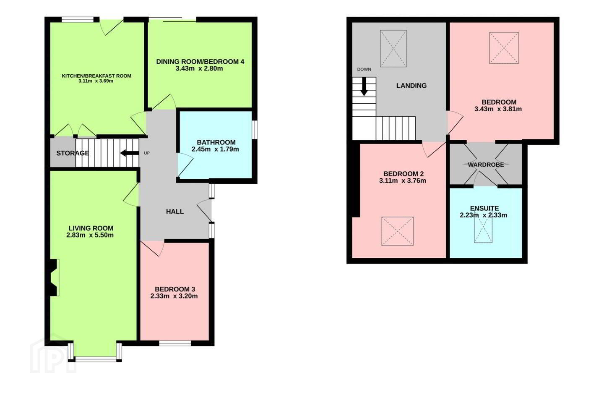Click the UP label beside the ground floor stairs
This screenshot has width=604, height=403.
pos(147,153)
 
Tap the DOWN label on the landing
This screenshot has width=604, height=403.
pos(364,69)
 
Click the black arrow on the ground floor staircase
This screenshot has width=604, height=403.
pos(130,153)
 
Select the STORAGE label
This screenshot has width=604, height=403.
pos(73,153)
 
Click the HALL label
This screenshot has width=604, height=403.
pos(175,212)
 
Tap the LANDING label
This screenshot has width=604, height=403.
pos(411,86)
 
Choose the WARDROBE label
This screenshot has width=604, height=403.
pos(486,165)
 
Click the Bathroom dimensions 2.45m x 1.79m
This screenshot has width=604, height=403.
pos(215,149)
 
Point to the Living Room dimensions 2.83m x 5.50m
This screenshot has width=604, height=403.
pos(90,235)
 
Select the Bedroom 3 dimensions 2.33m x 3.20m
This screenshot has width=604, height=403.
pos(174,296)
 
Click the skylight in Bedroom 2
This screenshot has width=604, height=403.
pos(398,231)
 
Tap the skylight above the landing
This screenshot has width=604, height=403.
pos(393,49)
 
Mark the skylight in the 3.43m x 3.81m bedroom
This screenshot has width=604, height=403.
pos(504,48)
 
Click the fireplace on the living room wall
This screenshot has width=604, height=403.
pos(54,277)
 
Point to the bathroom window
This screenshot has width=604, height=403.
pos(255,130)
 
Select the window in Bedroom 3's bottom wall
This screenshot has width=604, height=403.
pos(175,343)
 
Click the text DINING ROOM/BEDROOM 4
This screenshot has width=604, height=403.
pos(200,62)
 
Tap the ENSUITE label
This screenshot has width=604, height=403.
pos(484,208)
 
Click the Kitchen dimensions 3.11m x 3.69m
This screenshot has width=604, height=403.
pos(96,81)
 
